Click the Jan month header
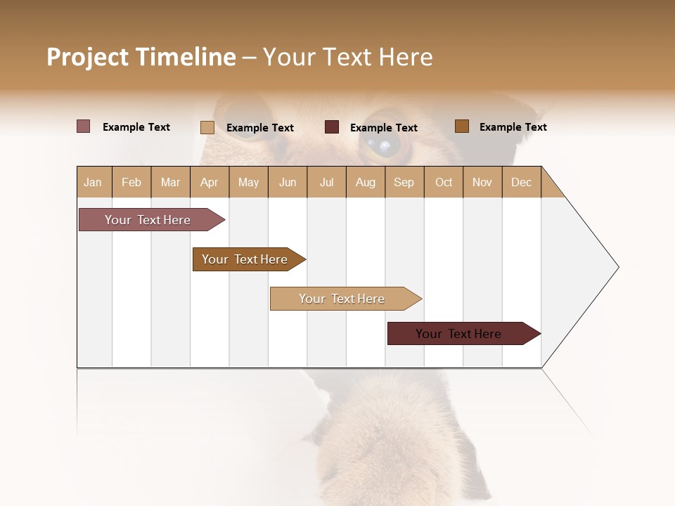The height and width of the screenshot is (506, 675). point(94,182)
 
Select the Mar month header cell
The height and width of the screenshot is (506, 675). point(170,182)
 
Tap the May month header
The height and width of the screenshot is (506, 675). point(248,182)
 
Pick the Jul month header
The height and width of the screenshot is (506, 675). point(326,182)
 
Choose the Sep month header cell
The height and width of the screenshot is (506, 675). point(404,182)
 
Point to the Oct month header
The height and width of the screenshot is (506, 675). point(443,182)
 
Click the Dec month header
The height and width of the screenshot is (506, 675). point(521,182)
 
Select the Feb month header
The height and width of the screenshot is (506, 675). point(131,182)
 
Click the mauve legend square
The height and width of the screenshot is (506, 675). point(84,126)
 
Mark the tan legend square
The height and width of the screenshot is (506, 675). point(207,127)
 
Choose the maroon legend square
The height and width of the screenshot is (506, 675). point(332,126)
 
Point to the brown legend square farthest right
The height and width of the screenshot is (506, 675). point(461,126)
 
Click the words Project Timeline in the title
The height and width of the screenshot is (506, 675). point(141,57)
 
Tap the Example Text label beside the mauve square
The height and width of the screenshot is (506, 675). point(136,127)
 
